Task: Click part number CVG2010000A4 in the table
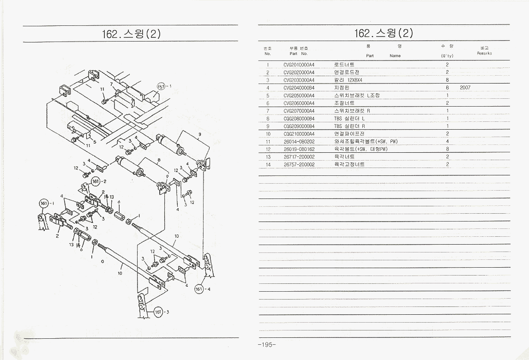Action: coord(299,65)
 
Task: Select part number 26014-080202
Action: coord(299,141)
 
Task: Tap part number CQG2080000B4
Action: coord(299,118)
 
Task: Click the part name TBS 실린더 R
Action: coord(349,126)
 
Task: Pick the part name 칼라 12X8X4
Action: coord(348,80)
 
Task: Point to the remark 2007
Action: coord(465,88)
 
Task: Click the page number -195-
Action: coord(267,345)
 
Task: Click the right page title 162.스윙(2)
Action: coord(384,33)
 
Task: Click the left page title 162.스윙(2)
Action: coord(131,34)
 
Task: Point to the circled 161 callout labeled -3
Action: coord(158,312)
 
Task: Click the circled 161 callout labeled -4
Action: coord(199,289)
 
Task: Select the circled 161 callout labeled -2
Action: coord(96,180)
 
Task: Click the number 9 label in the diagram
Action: coord(199,135)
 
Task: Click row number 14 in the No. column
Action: coord(267,164)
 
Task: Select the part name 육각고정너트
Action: coord(349,164)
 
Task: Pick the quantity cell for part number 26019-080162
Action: coord(447,149)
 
